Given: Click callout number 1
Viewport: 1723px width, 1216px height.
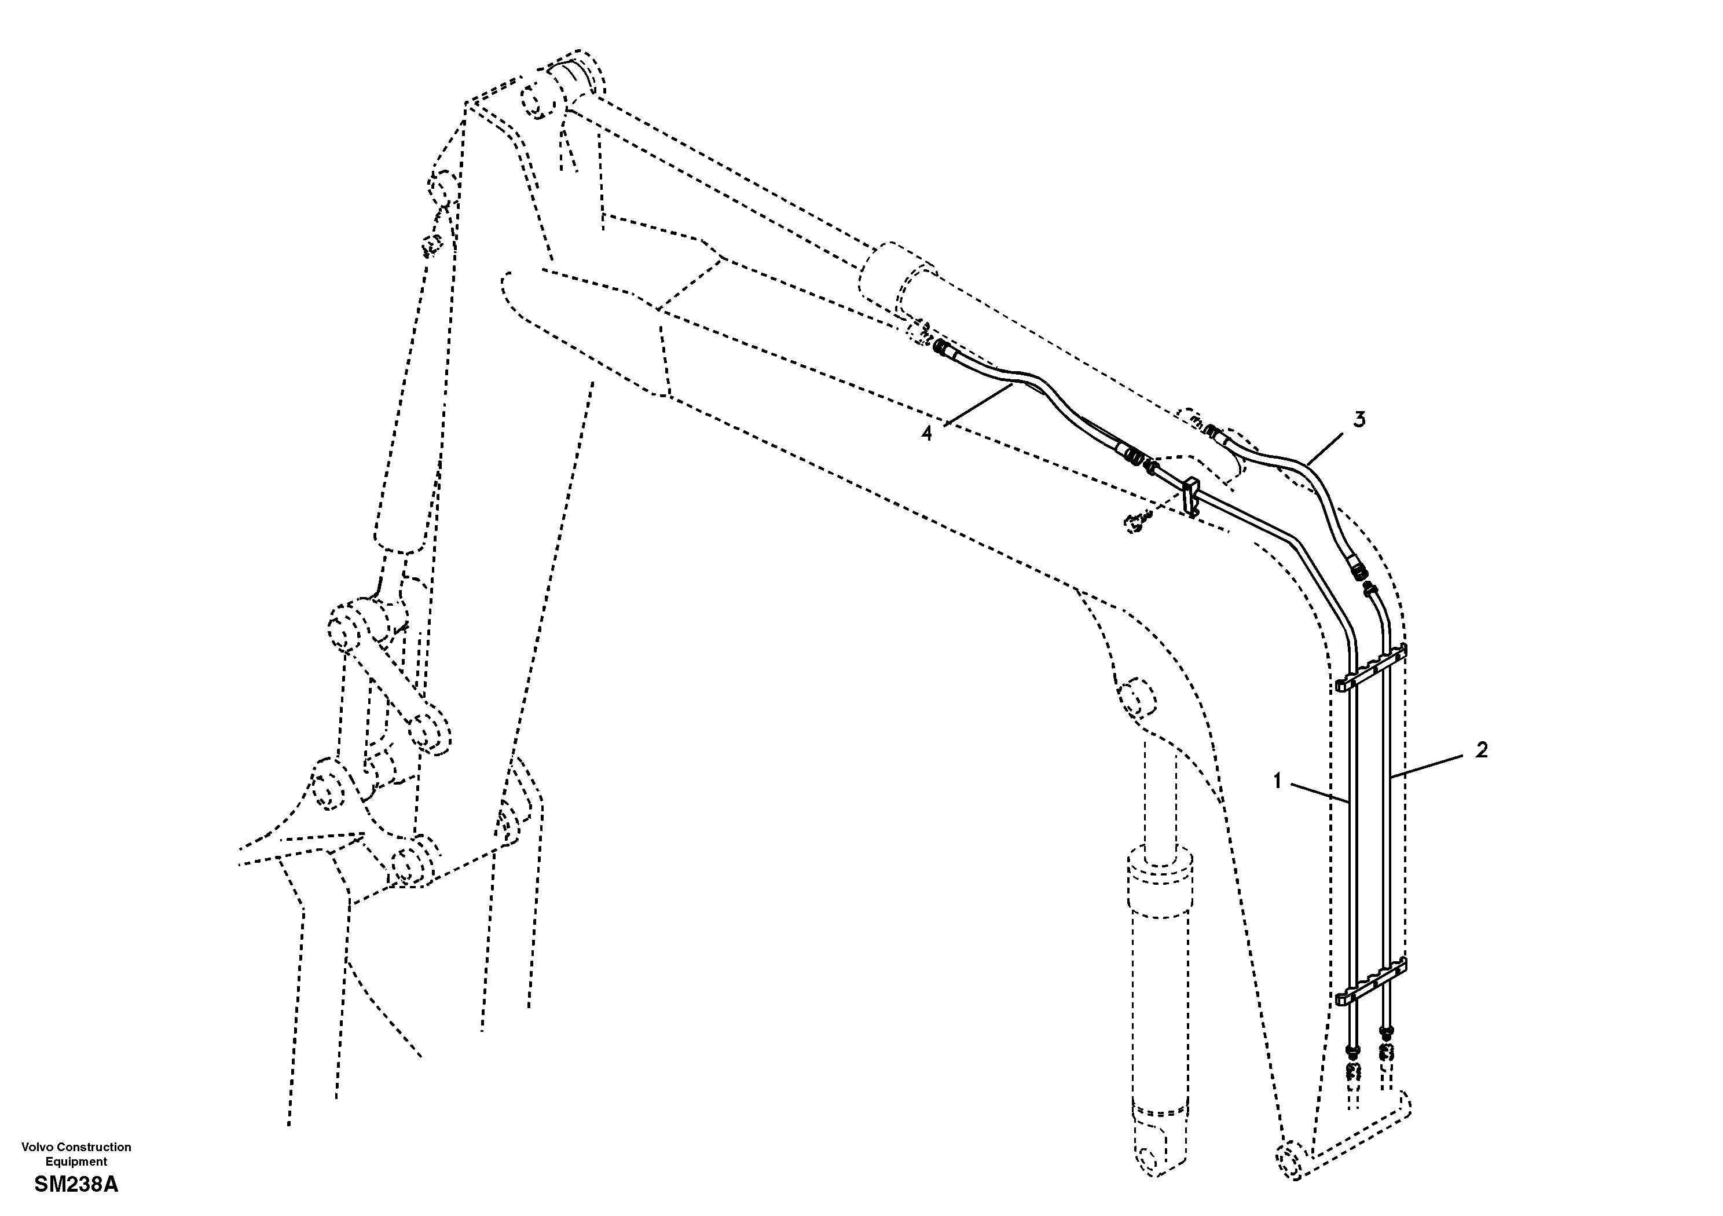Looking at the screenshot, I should click(x=1277, y=781).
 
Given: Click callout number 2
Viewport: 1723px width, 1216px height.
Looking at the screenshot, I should click(x=1480, y=750).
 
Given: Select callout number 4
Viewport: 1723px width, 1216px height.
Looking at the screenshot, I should click(x=927, y=433).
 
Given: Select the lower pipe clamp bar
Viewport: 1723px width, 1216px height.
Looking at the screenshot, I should click(x=1371, y=982).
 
